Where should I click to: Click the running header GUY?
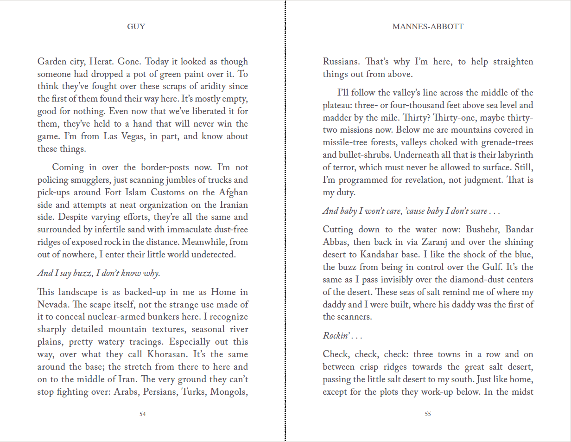click(136, 26)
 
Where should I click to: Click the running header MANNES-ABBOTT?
click(428, 26)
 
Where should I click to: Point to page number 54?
click(143, 414)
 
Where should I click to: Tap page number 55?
click(428, 414)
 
